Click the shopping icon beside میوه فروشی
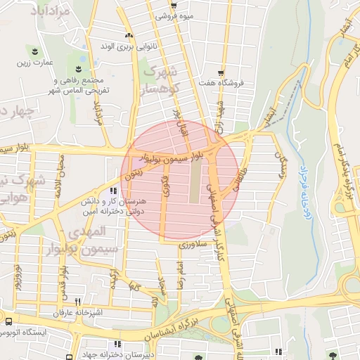[x=173, y=4]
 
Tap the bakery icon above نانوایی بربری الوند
[x=128, y=35]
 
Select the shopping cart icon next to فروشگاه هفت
[x=221, y=72]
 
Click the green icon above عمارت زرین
[x=32, y=51]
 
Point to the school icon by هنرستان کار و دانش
[x=113, y=191]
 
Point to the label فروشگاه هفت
[x=222, y=83]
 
